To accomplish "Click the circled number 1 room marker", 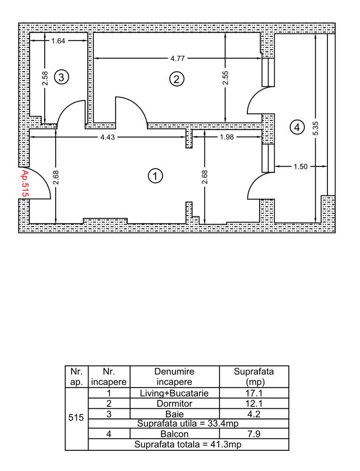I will point(155,176).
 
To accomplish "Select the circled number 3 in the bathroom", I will point(61,76).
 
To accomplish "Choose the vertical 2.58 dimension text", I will point(44,78).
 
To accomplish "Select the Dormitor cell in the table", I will point(174,404).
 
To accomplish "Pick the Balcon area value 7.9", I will point(254,434).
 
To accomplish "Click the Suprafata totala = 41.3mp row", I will point(188,444).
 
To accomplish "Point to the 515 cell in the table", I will point(76,418).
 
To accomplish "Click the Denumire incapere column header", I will point(174,377).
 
